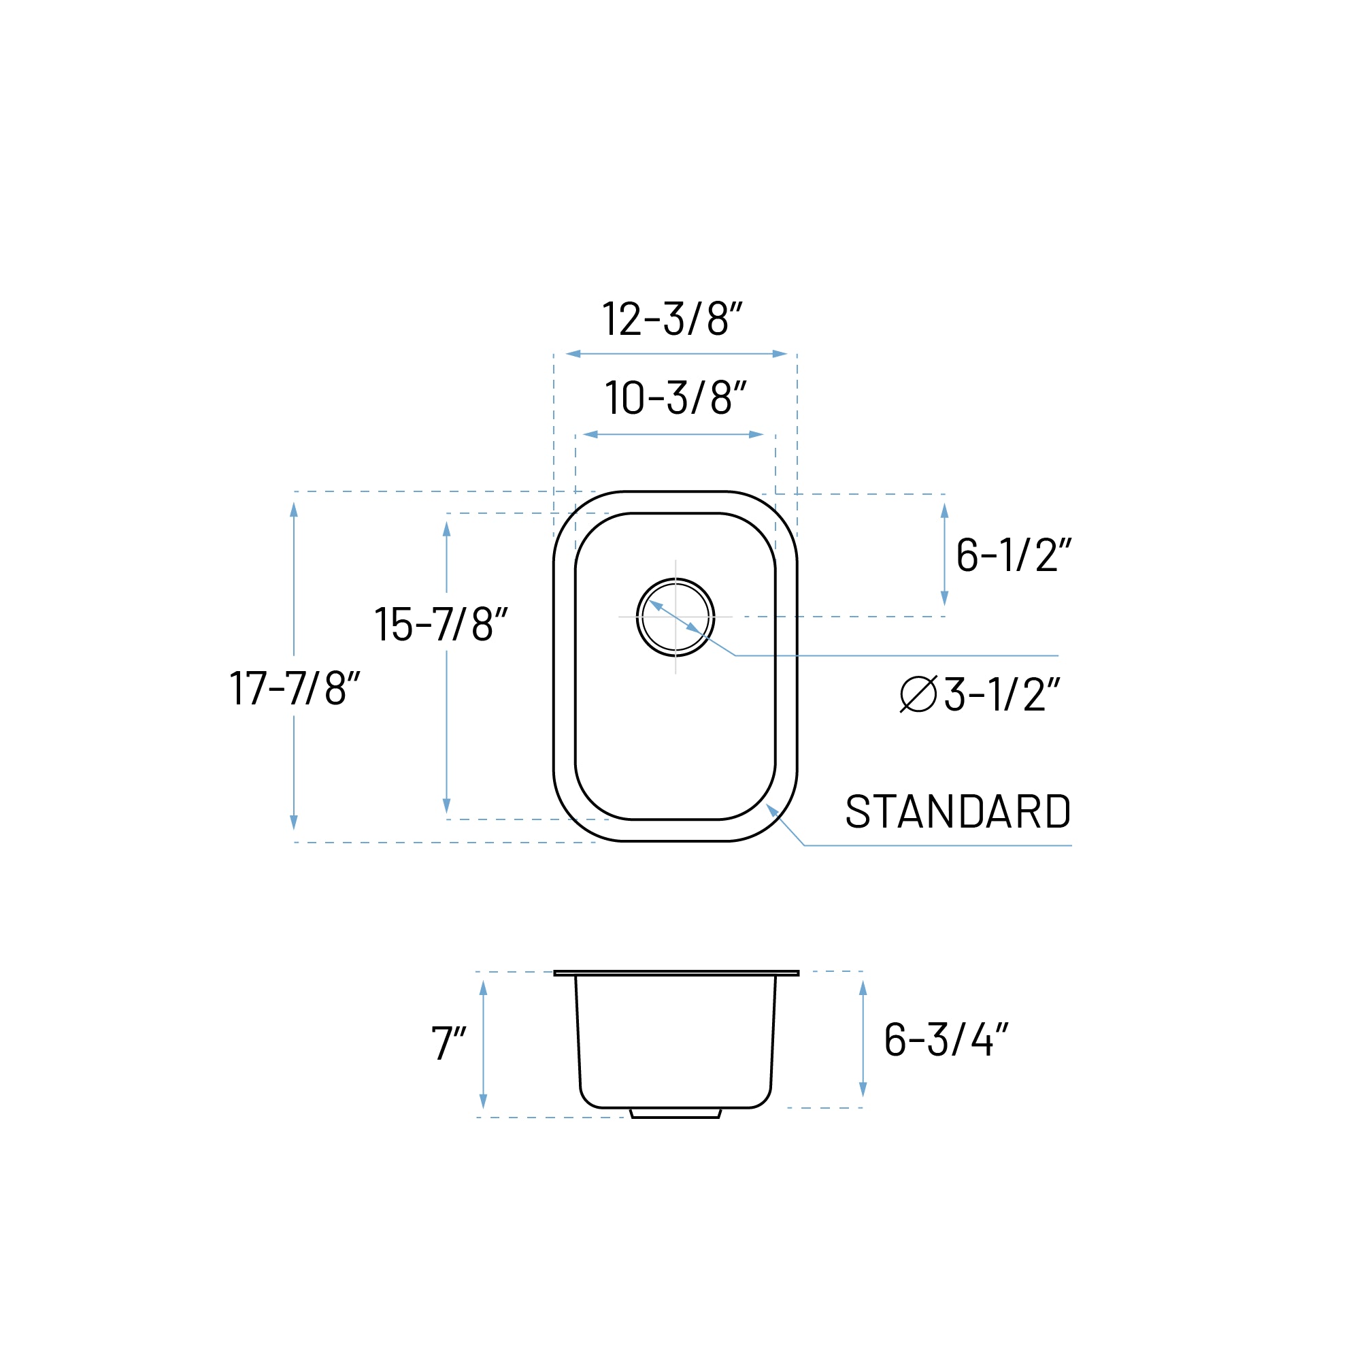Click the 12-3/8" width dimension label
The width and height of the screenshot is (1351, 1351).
(672, 319)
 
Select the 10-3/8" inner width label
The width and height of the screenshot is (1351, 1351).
(675, 398)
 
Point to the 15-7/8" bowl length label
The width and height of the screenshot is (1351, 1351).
(441, 624)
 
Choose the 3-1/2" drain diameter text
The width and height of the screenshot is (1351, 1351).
(1001, 696)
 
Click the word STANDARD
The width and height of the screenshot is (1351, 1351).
(958, 811)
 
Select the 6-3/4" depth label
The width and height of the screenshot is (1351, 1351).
(946, 1040)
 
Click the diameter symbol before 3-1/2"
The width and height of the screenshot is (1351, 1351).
(918, 695)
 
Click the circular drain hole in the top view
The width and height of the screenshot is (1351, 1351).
(675, 617)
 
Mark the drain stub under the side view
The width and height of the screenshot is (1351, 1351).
(675, 1113)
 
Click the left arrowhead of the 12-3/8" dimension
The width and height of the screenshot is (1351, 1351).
(573, 354)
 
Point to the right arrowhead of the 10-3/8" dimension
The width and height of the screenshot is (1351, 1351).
(756, 434)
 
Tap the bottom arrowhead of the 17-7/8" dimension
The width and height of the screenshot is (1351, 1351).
(294, 822)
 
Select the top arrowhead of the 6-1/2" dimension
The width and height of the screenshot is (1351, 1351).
(945, 510)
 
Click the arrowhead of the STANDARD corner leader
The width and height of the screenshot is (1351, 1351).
(772, 809)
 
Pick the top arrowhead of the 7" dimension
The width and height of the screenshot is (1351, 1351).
(483, 988)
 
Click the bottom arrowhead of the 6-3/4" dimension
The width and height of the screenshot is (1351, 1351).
(863, 1090)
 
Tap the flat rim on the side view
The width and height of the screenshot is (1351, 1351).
(675, 973)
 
